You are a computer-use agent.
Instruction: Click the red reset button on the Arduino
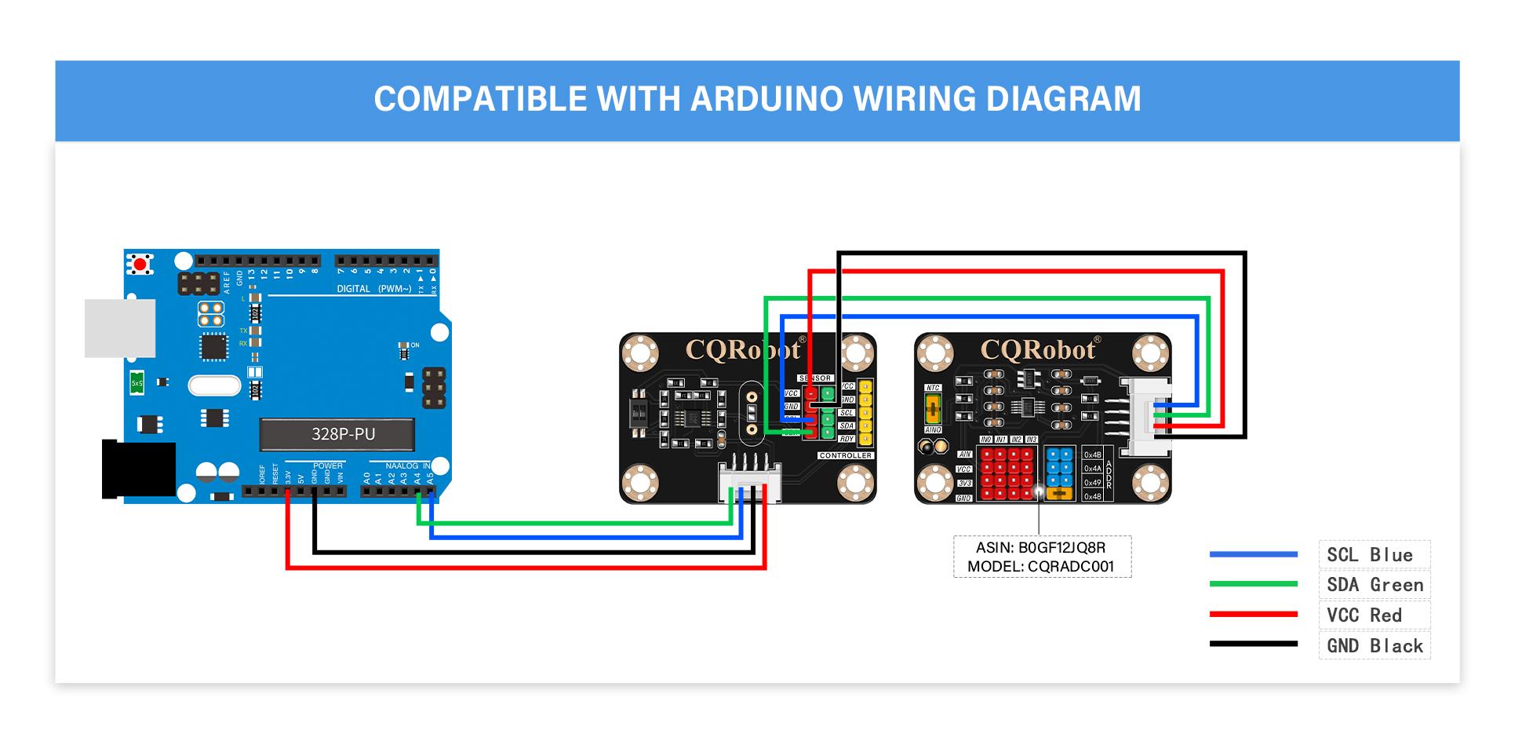[140, 265]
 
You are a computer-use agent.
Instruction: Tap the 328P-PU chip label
[343, 434]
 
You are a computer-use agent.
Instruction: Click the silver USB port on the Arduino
[119, 327]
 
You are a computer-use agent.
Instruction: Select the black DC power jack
[138, 469]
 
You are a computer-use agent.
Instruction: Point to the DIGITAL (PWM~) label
[373, 289]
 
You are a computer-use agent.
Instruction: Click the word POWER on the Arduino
[328, 466]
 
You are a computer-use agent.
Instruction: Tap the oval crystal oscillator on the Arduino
[214, 385]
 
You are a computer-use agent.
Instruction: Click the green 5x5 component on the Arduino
[137, 383]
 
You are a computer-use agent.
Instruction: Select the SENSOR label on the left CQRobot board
[814, 378]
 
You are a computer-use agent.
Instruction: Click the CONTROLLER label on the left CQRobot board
[845, 455]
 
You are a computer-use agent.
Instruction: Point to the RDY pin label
[847, 439]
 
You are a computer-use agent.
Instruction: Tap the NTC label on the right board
[933, 388]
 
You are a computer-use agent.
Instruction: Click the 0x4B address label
[1092, 455]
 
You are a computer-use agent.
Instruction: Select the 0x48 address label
[1092, 496]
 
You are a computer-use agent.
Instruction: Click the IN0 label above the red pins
[986, 440]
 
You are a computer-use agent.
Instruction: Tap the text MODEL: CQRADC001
[1040, 567]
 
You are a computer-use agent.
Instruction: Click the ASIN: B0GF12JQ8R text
[1040, 548]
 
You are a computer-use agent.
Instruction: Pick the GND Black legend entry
[1374, 646]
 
